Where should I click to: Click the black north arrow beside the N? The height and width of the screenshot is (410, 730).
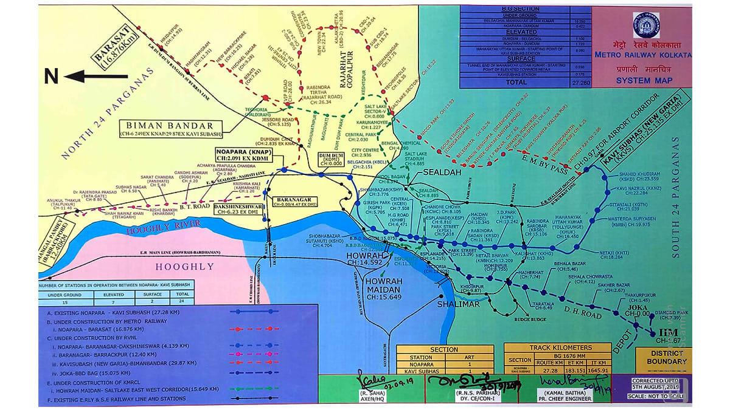click(96, 77)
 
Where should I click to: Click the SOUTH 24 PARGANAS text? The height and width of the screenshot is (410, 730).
click(676, 197)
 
